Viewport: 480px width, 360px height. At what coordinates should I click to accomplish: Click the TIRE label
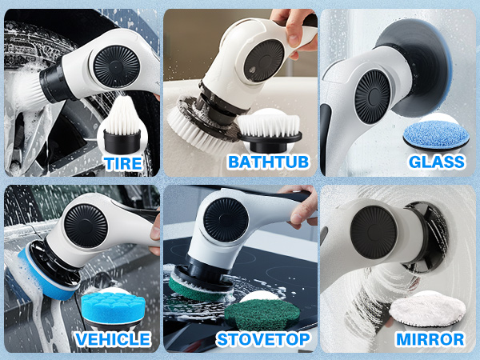point(122,164)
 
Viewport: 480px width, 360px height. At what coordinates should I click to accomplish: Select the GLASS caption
point(436,162)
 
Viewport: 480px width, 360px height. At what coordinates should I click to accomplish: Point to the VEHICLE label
point(112,338)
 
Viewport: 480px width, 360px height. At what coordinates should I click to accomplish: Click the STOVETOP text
point(264,338)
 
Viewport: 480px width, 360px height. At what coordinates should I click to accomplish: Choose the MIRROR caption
point(430,338)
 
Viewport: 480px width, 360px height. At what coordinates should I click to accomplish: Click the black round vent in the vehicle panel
point(82,224)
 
